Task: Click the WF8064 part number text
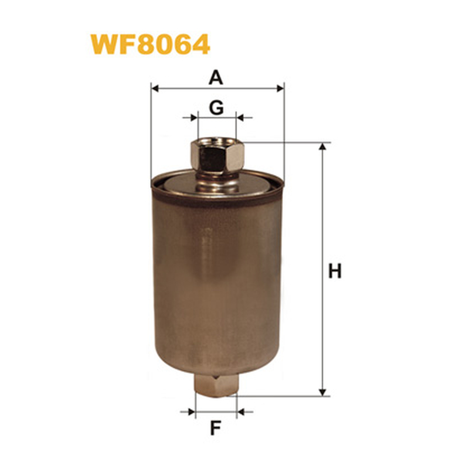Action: (x=150, y=45)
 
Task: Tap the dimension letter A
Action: (x=216, y=78)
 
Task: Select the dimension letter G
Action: (x=216, y=108)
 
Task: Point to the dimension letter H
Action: (x=335, y=271)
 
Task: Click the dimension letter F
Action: (x=215, y=428)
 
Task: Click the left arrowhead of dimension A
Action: (x=155, y=89)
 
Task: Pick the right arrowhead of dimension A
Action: (x=281, y=89)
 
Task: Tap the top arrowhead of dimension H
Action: (x=322, y=146)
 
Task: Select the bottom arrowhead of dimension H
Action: (x=322, y=392)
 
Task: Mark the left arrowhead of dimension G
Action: (x=195, y=118)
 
